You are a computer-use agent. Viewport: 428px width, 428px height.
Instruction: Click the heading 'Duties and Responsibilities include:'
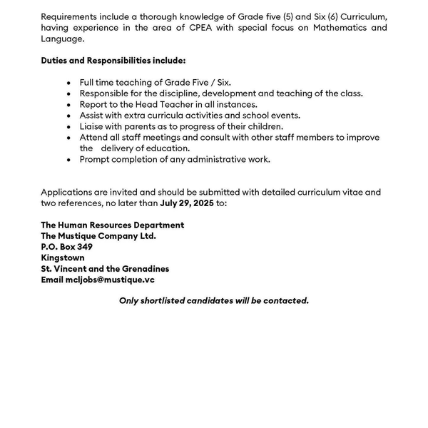point(113,61)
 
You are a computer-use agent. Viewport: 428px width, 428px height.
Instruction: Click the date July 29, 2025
point(188,203)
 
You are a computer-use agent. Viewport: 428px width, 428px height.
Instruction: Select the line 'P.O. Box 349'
point(67,247)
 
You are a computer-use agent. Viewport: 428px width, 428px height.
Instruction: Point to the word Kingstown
point(63,258)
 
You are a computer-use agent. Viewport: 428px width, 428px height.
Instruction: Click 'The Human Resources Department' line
point(112,225)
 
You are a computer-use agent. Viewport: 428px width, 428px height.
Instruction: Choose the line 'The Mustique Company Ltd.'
point(98,235)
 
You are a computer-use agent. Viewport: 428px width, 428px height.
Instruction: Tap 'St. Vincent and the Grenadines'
point(105,269)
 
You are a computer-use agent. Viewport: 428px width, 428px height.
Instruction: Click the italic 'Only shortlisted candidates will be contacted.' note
point(213,300)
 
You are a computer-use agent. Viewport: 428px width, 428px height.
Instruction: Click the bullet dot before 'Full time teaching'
point(68,83)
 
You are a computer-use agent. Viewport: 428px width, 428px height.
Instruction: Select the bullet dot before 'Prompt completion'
point(68,160)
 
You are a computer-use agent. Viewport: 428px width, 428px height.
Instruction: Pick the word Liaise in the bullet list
point(92,126)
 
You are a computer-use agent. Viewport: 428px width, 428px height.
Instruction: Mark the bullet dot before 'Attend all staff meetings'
point(68,138)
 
